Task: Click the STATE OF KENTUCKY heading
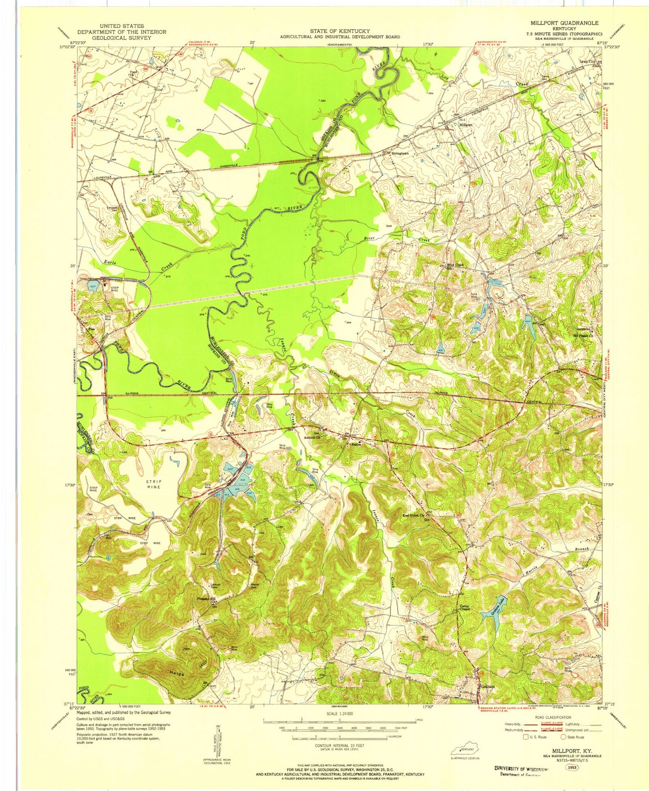tap(340, 31)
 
